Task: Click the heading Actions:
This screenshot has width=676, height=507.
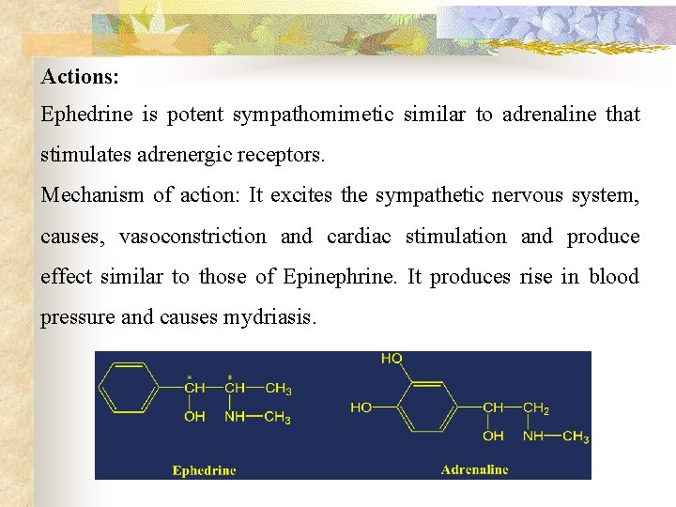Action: pyautogui.click(x=80, y=74)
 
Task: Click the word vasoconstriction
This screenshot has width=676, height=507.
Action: pyautogui.click(x=192, y=237)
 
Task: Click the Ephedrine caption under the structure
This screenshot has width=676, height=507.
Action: pyautogui.click(x=204, y=469)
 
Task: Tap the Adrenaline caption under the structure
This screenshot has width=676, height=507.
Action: pyautogui.click(x=474, y=469)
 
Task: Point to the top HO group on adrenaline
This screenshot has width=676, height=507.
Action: pyautogui.click(x=392, y=359)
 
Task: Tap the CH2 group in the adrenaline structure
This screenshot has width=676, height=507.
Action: pyautogui.click(x=536, y=407)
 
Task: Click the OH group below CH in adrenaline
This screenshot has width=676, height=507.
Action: pyautogui.click(x=493, y=437)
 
